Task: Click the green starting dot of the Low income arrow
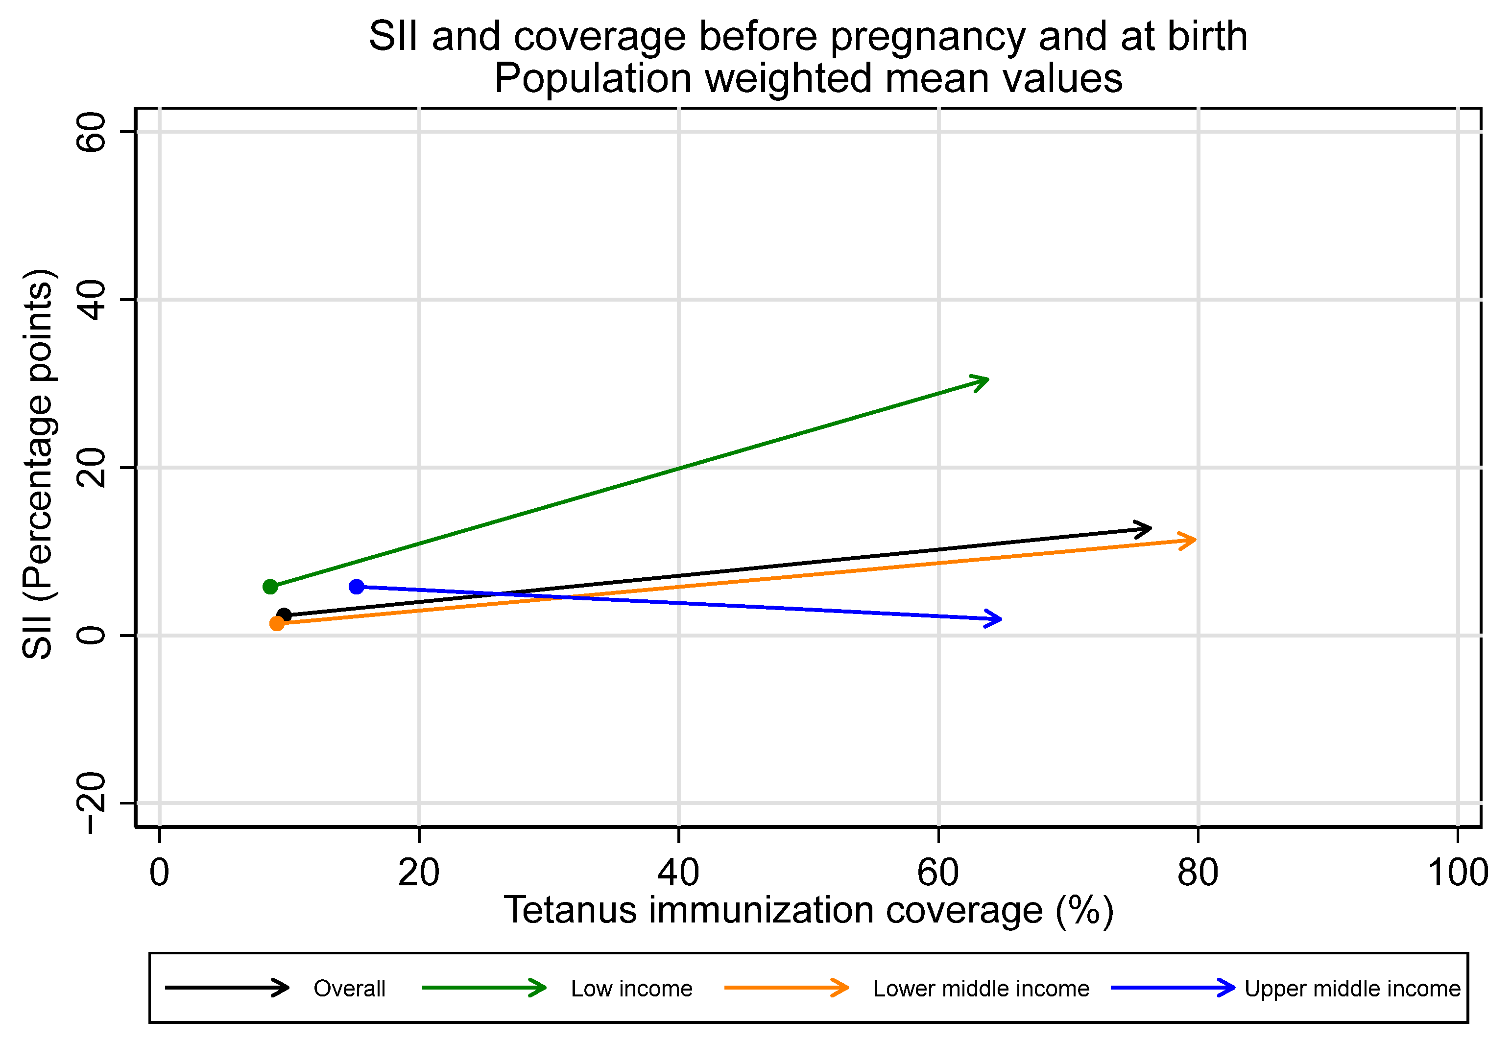270,587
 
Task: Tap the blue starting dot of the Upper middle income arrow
357,587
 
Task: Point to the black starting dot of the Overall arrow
284,615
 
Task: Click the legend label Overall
349,989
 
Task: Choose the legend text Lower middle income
981,989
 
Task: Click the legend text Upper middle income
1352,989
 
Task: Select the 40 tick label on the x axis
678,873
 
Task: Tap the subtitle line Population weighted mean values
808,78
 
